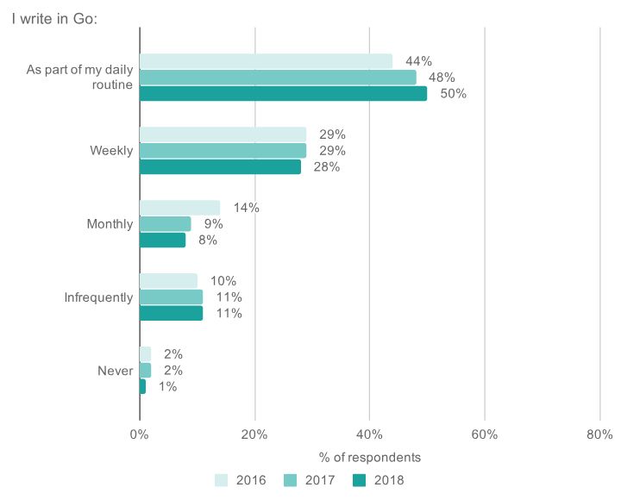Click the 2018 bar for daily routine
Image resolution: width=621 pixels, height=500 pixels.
(x=283, y=94)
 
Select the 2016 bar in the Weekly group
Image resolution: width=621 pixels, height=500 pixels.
(x=223, y=134)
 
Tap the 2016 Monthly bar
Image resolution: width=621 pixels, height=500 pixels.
(x=179, y=208)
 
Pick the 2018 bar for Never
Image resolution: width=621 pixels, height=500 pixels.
(x=142, y=387)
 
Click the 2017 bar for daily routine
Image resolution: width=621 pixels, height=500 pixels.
(x=278, y=78)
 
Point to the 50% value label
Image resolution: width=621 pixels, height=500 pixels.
(x=453, y=94)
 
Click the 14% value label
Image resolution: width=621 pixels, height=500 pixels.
(x=246, y=208)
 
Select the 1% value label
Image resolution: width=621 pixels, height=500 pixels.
(x=167, y=387)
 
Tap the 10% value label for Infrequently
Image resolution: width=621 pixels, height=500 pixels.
(x=223, y=281)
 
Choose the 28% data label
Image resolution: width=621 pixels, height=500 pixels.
(x=327, y=167)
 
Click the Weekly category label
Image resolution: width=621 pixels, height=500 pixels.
(x=111, y=151)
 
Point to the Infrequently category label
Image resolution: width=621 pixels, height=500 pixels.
(x=98, y=297)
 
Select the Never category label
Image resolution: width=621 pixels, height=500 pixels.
(x=115, y=371)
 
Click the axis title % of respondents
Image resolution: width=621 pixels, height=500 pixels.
(x=369, y=457)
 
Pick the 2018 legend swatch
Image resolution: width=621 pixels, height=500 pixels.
(x=361, y=480)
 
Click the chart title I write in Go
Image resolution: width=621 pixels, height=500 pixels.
(x=53, y=18)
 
